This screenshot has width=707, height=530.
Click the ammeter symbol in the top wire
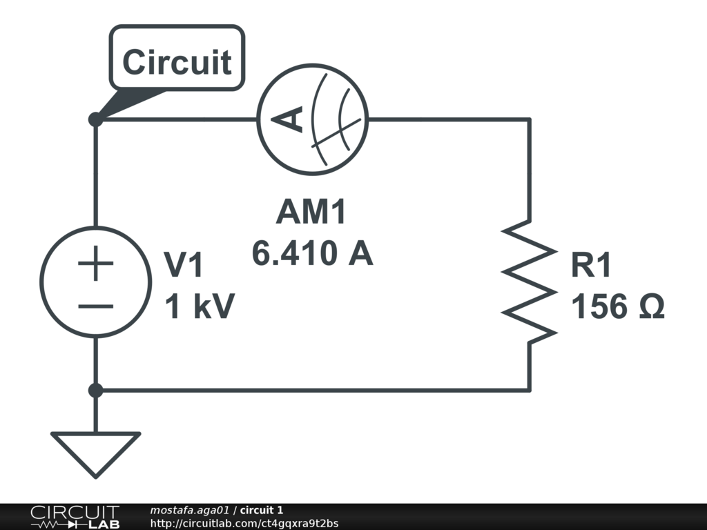coord(313,119)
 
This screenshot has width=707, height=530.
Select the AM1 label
coord(311,213)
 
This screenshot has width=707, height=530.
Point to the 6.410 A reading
coord(312,254)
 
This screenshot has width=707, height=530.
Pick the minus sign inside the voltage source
coord(95,304)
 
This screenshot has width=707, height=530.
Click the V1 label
coord(184,265)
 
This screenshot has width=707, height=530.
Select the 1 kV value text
coord(199,306)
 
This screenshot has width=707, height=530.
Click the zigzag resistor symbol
coord(530,281)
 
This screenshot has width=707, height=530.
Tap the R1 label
coord(591,266)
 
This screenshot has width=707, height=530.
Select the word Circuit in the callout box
coord(177,63)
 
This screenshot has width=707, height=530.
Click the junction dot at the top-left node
coord(95,119)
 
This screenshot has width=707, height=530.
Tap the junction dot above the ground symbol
coord(95,391)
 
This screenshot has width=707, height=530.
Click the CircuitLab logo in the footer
coord(75,517)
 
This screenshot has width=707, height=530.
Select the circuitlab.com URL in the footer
coord(244,523)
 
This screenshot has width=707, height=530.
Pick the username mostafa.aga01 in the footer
coord(189,510)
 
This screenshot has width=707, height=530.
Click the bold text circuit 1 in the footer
coord(261,510)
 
